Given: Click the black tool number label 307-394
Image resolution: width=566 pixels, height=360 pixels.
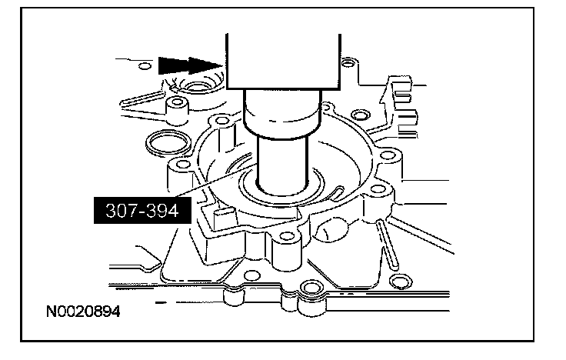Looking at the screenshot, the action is tap(142, 210).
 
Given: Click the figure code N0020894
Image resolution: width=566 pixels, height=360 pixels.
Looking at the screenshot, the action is tap(83, 312).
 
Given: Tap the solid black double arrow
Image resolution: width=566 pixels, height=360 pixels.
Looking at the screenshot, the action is tap(190, 65).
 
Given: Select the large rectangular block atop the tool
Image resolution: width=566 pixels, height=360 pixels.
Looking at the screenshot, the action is tap(283, 62).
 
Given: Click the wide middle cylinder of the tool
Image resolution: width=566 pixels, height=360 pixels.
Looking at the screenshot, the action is tap(282, 114).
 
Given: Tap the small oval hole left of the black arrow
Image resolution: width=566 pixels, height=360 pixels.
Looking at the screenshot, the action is tap(145, 66).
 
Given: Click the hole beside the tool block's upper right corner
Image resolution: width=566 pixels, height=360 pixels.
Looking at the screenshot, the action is tap(348, 63).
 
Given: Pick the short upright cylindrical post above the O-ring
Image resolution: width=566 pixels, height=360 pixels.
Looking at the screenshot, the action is tap(177, 110).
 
